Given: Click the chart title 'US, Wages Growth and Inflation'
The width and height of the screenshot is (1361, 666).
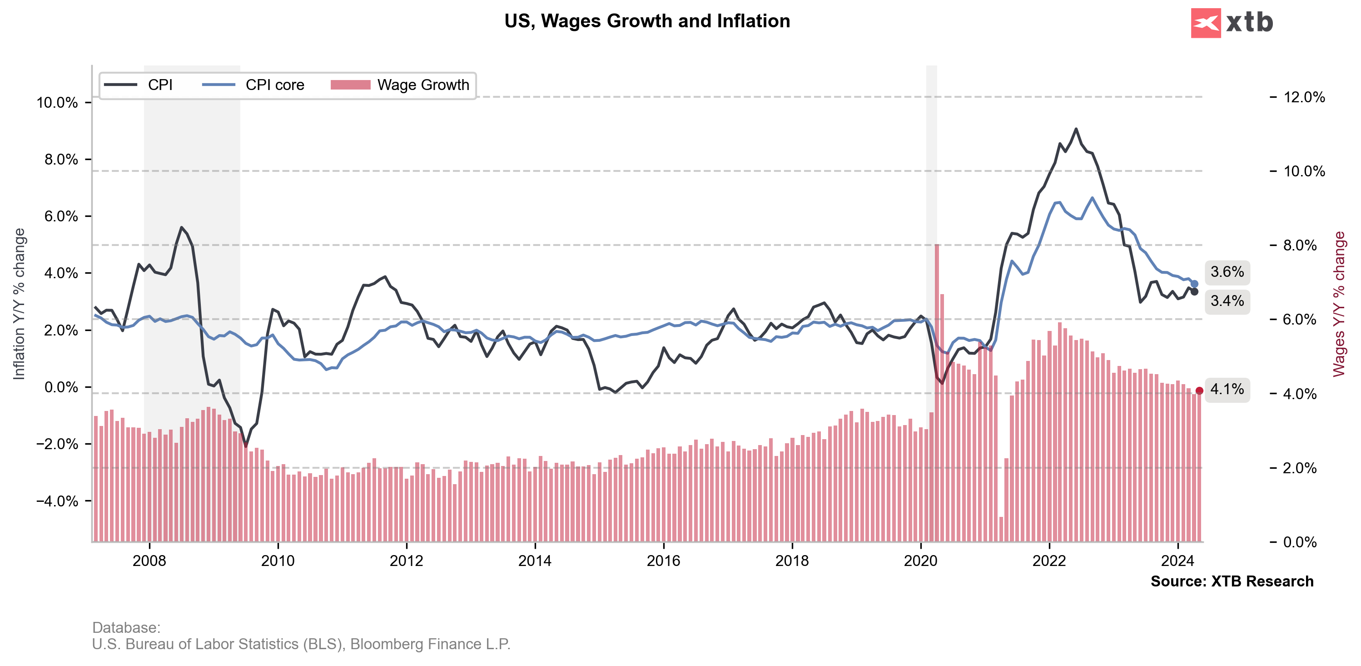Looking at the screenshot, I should [647, 21].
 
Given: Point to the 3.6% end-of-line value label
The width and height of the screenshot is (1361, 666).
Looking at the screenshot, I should [1227, 272].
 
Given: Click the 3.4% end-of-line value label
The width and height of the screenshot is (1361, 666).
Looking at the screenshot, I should [1227, 301].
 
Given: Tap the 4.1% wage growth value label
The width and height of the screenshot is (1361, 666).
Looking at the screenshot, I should [1227, 390].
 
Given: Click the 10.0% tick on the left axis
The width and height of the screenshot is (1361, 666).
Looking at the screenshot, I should [57, 103].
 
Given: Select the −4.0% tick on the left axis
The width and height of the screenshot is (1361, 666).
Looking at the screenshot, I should [57, 501].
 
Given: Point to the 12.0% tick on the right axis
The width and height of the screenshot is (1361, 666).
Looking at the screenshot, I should [1304, 97].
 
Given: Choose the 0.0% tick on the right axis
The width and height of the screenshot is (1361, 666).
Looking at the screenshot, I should [1300, 542].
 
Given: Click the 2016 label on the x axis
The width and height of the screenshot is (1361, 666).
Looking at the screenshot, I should [663, 561].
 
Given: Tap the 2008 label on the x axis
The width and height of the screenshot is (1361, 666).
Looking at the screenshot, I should [149, 561].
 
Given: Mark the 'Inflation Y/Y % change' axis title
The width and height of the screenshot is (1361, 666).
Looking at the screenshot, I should [20, 304].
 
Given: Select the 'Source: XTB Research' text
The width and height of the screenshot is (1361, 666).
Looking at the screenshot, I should [1232, 581].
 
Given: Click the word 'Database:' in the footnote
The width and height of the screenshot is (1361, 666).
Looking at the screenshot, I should [126, 627].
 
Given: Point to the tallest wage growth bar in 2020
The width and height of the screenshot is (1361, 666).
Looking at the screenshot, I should [937, 246].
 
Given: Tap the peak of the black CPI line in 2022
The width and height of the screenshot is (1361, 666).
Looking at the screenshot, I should [1076, 129].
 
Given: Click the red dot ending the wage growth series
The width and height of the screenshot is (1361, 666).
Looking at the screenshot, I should [1199, 391].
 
